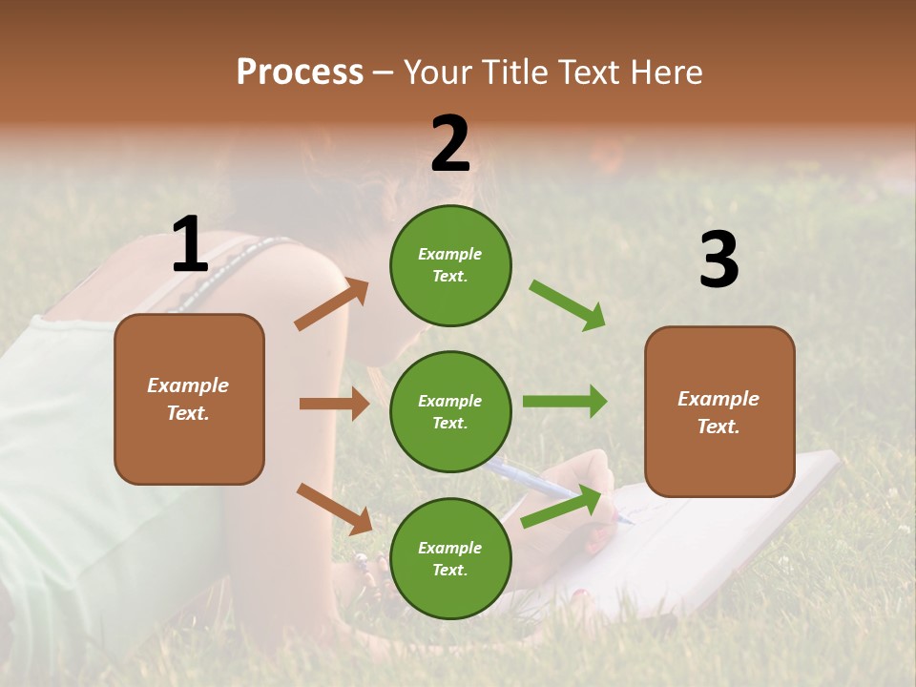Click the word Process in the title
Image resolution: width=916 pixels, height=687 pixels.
pos(300,72)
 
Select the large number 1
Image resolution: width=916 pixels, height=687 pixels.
pos(190,245)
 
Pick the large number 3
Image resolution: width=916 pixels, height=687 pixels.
pos(718,260)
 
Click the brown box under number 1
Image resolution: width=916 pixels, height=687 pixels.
pos(189,399)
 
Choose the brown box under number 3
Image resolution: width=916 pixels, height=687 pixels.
pos(719,412)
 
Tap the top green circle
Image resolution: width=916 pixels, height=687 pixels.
pos(450,265)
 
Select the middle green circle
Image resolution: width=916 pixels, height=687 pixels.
pos(450,411)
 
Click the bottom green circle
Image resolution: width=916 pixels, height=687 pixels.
pos(450,558)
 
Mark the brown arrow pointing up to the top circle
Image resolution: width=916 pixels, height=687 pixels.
pos(331,305)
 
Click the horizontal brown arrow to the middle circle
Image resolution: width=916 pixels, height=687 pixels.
pos(334,404)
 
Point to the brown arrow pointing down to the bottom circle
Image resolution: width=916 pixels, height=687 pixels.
pos(334,509)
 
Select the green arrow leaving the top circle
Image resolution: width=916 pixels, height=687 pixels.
pos(568,305)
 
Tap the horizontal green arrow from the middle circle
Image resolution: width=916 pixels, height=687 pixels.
pos(565,402)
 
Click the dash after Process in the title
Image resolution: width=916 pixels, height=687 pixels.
pos(384,73)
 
